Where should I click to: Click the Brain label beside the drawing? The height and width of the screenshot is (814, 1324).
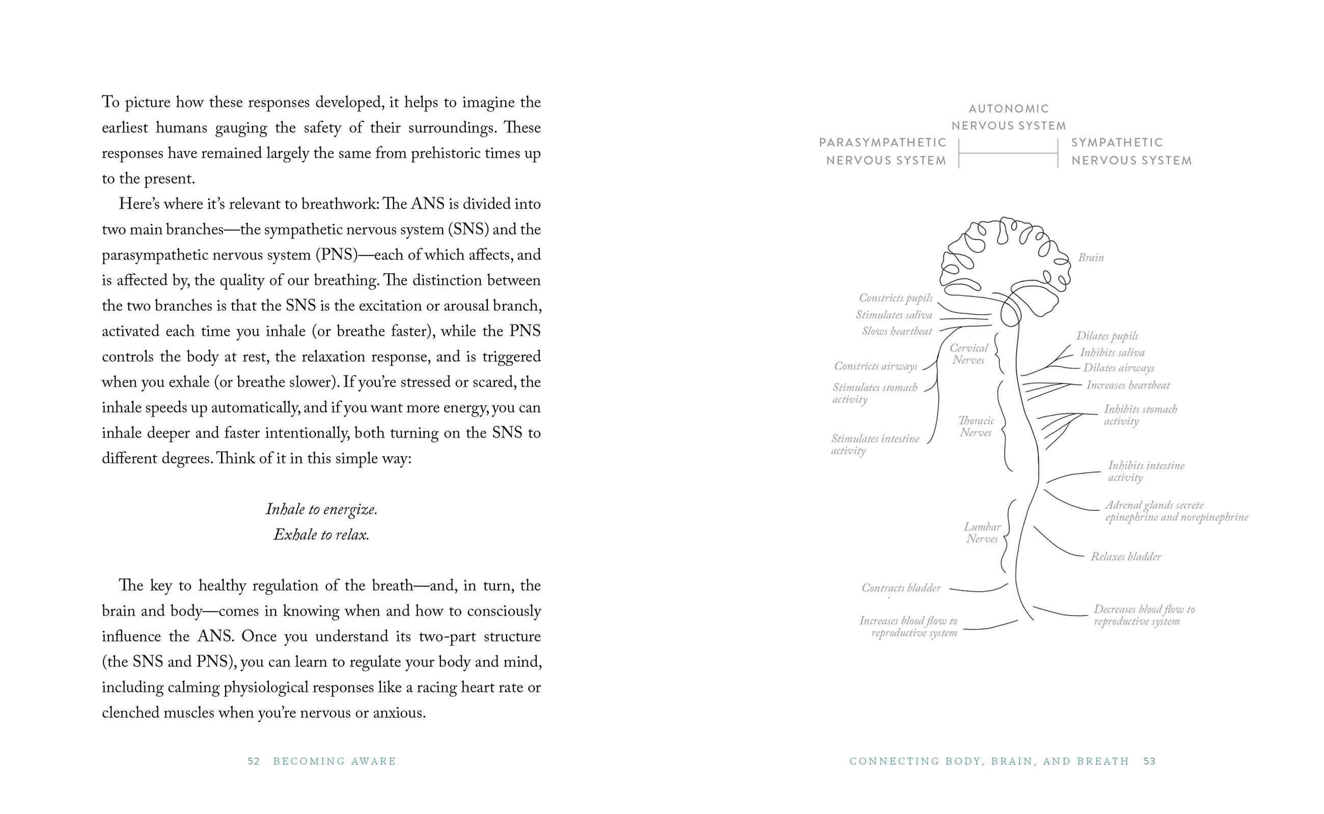tap(1091, 258)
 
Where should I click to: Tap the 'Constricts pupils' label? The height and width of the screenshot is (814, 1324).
tap(895, 298)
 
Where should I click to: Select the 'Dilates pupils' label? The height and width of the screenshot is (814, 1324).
tap(1107, 336)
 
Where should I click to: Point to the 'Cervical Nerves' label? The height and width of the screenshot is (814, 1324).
tap(969, 354)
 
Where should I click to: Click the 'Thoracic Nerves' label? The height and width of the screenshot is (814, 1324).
tap(976, 426)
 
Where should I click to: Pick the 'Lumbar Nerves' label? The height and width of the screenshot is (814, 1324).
tap(982, 533)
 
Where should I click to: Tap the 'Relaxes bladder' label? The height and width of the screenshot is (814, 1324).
tap(1126, 557)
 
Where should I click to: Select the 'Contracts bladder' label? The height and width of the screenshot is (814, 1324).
tap(901, 588)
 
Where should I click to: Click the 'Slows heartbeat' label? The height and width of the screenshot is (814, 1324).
tap(897, 332)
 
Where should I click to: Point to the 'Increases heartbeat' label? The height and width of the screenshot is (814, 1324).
tap(1128, 386)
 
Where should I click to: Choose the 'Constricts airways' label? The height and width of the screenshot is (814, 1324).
tap(876, 367)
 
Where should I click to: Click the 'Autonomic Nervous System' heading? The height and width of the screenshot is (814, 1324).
tap(1009, 118)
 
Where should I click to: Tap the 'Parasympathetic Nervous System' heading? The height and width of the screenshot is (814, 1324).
tap(883, 151)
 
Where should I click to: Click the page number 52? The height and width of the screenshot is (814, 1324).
tap(254, 761)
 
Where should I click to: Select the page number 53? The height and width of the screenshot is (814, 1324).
tap(1149, 761)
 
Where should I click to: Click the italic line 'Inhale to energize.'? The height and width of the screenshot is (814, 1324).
tap(322, 509)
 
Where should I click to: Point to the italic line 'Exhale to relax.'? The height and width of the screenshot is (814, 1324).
tap(322, 535)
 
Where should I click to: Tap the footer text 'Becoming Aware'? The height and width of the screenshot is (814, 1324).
tap(335, 761)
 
